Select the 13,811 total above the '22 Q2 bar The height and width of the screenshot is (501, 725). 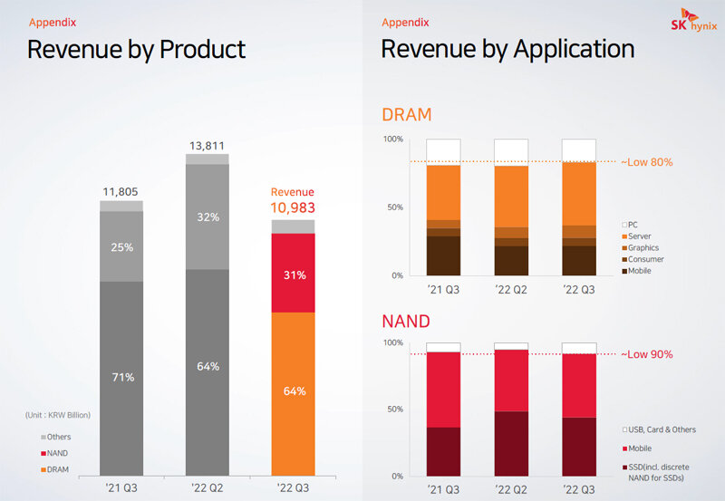[208, 145]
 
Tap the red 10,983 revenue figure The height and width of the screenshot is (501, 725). [293, 208]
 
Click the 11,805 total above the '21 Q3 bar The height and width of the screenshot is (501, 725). [121, 191]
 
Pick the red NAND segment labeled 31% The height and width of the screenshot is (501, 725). [294, 273]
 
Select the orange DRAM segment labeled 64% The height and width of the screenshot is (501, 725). [294, 391]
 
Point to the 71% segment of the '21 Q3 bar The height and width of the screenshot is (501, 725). [121, 376]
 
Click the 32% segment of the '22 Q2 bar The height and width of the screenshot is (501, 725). [208, 217]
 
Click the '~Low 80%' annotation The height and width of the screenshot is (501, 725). [646, 162]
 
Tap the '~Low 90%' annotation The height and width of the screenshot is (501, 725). [646, 354]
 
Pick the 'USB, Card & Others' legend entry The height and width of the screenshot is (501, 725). [659, 428]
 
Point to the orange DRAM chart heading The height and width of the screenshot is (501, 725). [406, 115]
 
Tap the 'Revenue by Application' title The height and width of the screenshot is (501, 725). [507, 49]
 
